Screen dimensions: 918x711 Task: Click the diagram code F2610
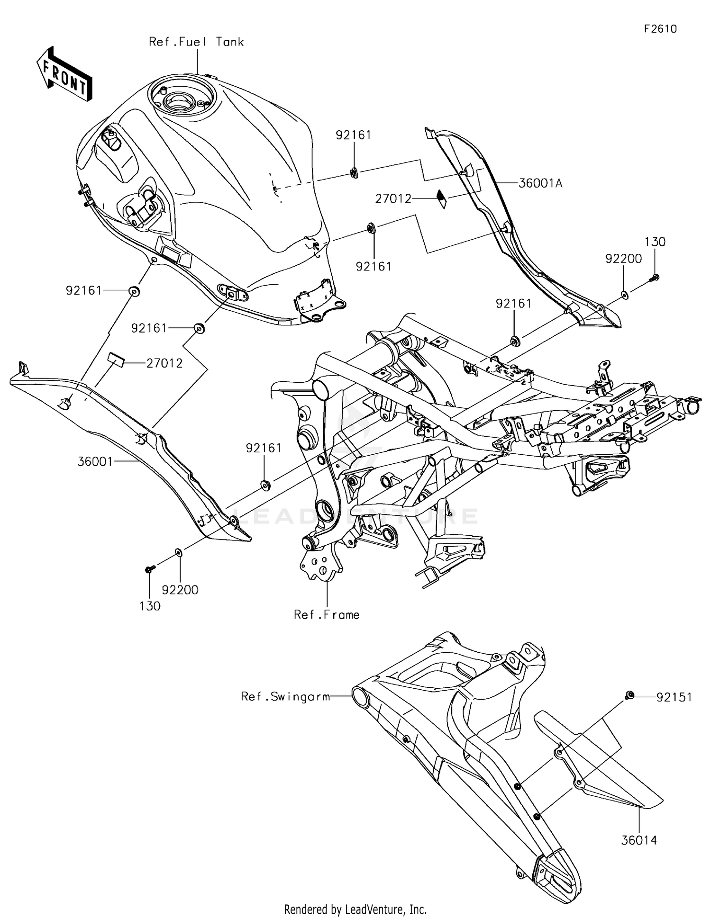pos(660,29)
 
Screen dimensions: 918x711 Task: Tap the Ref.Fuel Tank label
pos(196,42)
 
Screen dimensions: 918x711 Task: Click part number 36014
pos(638,840)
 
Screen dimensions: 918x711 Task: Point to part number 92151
pos(674,697)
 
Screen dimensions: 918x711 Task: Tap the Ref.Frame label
pos(327,615)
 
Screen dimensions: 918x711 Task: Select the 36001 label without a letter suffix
pos(95,461)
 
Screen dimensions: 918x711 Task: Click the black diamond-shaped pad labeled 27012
pos(442,199)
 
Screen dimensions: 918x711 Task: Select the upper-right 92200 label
pos(623,259)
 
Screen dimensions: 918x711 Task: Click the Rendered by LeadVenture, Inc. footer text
pos(355,909)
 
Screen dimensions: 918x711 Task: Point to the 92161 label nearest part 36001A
pos(353,135)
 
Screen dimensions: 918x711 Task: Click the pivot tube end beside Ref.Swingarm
pos(360,697)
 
